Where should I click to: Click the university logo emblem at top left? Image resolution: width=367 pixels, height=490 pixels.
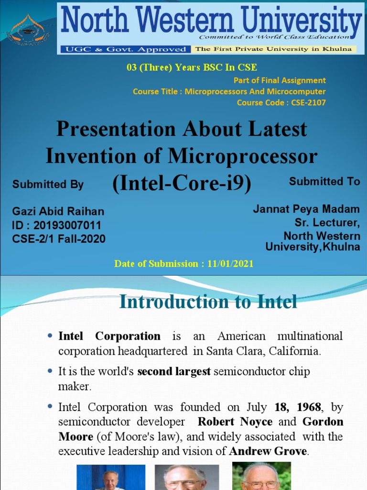[x=28, y=29]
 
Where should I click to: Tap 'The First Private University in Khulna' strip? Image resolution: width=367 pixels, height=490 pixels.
[x=273, y=49]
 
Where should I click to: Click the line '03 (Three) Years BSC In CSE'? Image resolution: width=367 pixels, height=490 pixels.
[x=192, y=67]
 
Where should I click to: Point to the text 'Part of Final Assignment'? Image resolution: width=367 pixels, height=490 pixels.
[x=280, y=80]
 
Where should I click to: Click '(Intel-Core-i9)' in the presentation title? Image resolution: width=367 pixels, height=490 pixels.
[x=182, y=184]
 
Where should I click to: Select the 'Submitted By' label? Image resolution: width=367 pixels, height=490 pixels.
[x=48, y=184]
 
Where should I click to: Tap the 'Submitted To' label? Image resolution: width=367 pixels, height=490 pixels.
[x=324, y=181]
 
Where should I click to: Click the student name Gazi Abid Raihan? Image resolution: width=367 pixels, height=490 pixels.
[x=58, y=212]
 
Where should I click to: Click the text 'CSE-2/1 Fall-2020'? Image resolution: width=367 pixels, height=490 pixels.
[x=59, y=238]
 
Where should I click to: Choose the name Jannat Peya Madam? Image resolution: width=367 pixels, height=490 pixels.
[x=306, y=209]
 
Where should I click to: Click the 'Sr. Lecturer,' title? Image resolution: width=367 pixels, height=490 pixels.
[x=327, y=223]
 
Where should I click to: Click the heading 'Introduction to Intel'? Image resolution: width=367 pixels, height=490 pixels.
[x=208, y=302]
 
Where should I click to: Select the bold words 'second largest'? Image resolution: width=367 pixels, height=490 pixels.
[x=174, y=372]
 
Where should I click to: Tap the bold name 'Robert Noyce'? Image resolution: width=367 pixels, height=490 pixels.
[x=235, y=422]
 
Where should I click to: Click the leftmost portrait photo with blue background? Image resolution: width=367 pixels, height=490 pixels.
[x=111, y=477]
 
